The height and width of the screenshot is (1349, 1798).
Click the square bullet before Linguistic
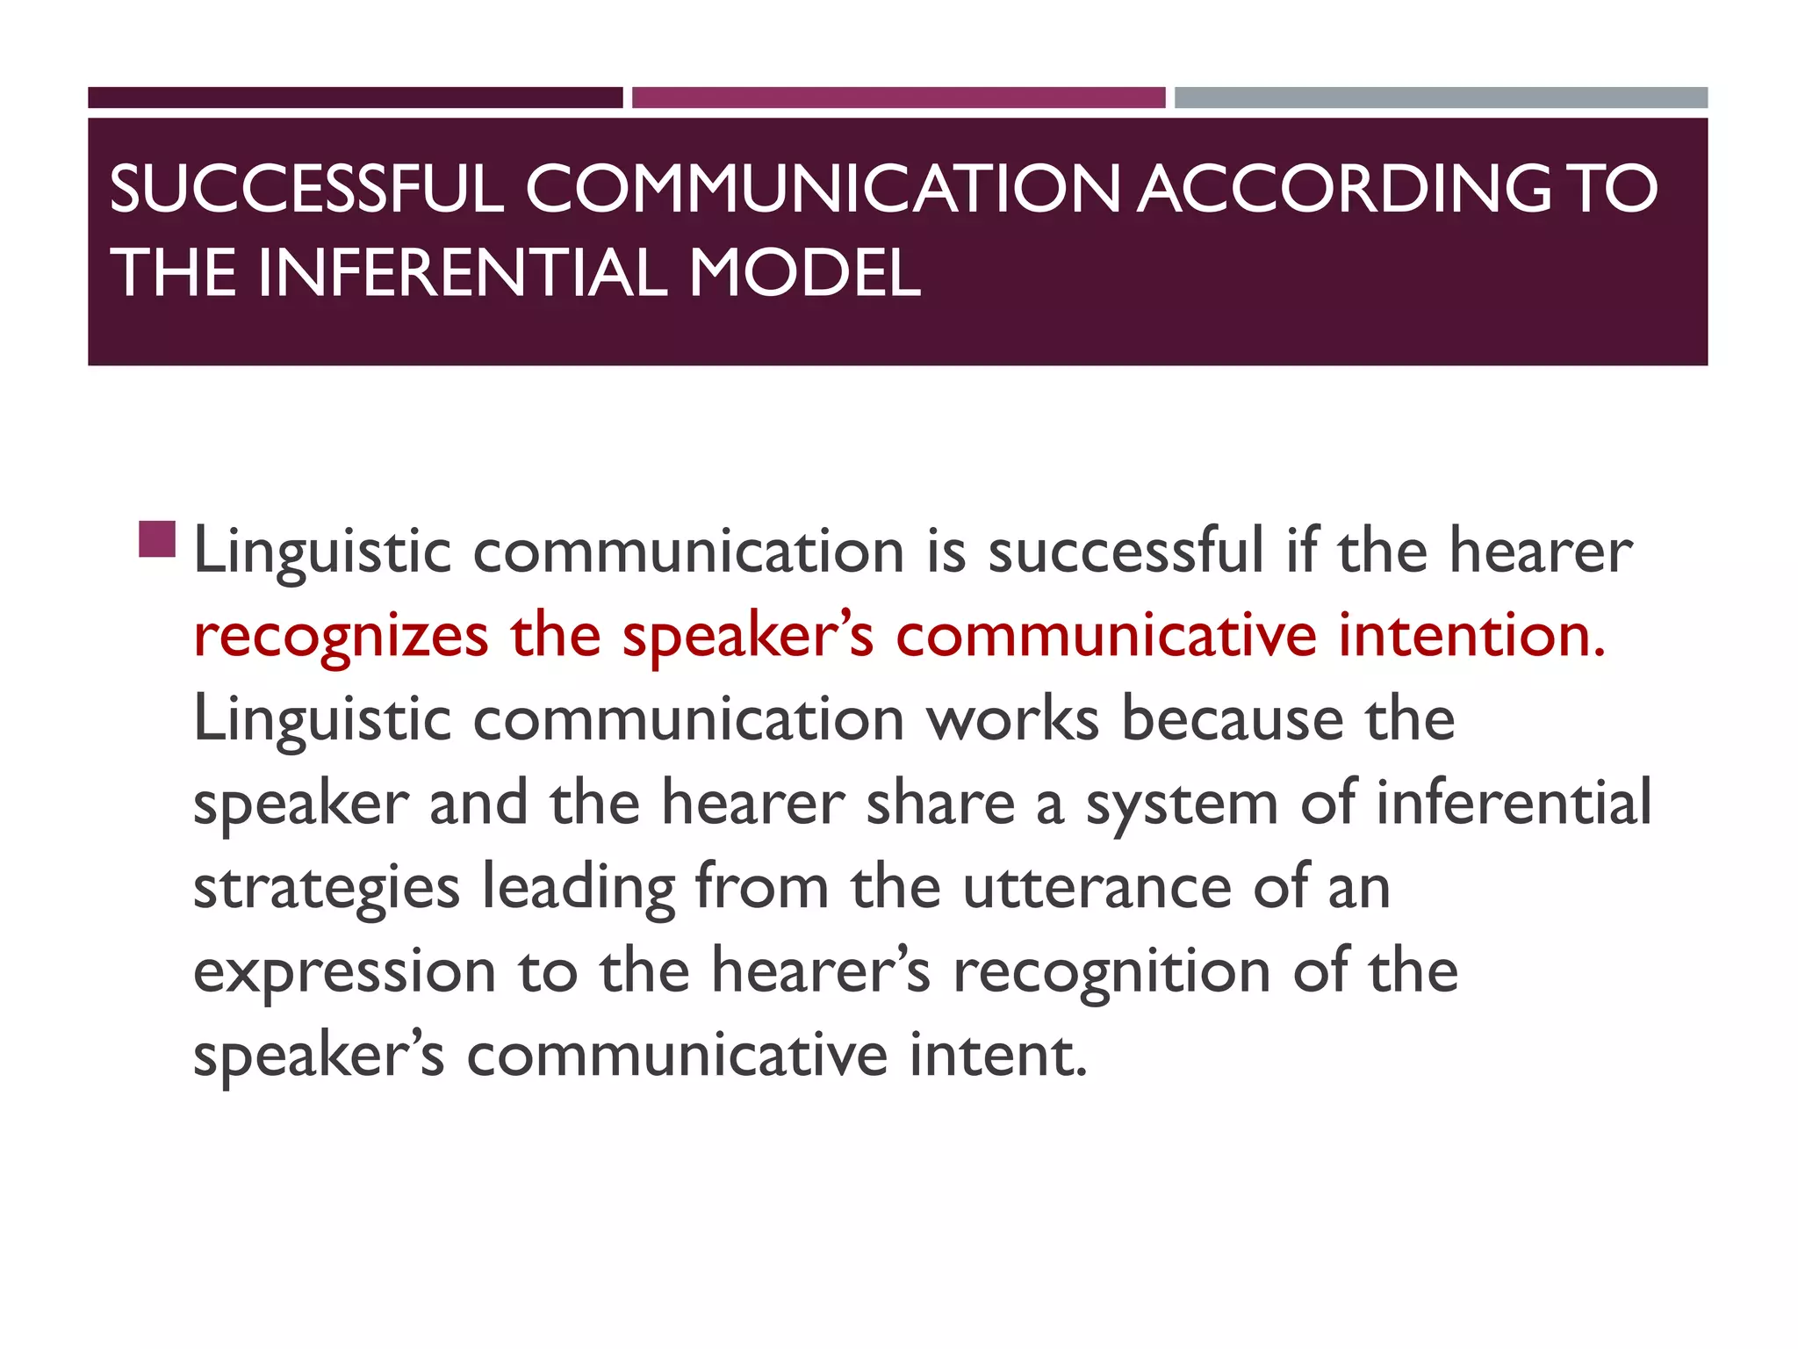(157, 539)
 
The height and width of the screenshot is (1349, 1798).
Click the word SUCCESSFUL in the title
(306, 189)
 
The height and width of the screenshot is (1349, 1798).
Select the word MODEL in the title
(804, 273)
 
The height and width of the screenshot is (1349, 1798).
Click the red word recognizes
(341, 637)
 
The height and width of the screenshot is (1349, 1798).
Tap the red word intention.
(1472, 635)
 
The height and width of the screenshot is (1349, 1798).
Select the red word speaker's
(748, 637)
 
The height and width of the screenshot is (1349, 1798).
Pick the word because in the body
(1233, 719)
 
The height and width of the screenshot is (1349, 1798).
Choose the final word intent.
(998, 1056)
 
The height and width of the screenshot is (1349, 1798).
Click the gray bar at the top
(1441, 97)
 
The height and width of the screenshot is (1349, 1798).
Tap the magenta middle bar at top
(898, 97)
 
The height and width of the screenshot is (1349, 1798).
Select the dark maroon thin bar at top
(355, 97)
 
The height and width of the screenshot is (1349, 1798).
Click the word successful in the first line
(1126, 552)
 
